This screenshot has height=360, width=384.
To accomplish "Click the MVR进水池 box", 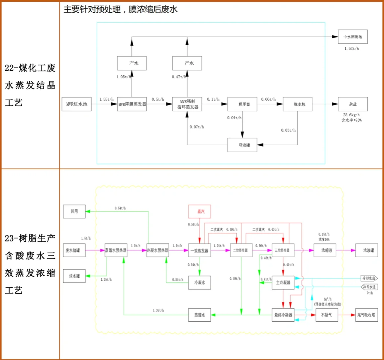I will (77, 104).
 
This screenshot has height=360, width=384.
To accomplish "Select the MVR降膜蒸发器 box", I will (132, 104).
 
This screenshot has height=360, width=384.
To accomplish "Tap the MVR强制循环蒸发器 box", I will (187, 104).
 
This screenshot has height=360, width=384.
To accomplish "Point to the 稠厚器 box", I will (242, 104).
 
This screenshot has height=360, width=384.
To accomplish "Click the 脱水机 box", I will (297, 104).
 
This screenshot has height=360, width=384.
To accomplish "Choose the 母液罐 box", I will (242, 145).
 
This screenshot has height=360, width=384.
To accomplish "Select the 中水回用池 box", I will (353, 37).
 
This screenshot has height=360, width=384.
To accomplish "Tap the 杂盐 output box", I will (353, 104).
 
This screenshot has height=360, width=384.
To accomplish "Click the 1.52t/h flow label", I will (352, 49).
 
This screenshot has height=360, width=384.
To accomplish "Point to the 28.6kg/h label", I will (351, 115).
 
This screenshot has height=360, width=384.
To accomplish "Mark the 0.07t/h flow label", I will (197, 127).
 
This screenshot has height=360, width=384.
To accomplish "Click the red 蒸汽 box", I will (199, 211).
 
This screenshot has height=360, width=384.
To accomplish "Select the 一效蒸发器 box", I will (199, 250).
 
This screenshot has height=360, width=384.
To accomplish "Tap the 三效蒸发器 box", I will (283, 250).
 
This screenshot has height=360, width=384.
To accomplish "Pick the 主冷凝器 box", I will (283, 283).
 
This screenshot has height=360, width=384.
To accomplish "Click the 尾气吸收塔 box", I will (366, 315).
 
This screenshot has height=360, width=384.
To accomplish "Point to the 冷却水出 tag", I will (369, 278).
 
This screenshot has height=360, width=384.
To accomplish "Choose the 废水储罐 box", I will (74, 250).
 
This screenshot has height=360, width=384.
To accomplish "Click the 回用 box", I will (74, 211).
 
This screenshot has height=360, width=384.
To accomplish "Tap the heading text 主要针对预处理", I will (92, 9).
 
